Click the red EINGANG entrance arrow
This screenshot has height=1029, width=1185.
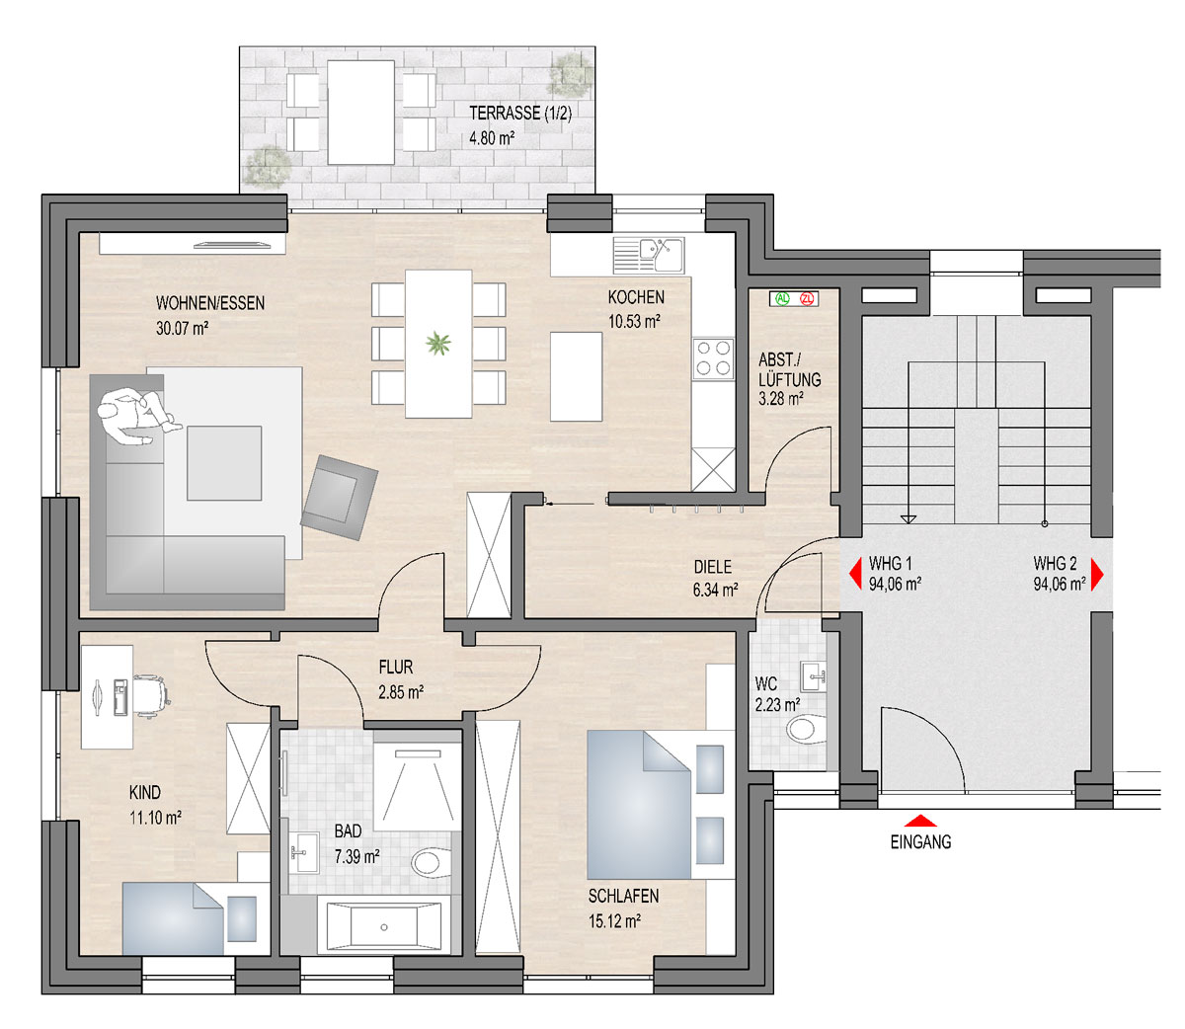pyautogui.click(x=920, y=820)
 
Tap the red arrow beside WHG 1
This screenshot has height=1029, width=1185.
pyautogui.click(x=855, y=574)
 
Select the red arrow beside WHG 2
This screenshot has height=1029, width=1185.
pyautogui.click(x=1097, y=574)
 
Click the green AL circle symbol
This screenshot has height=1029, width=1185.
pyautogui.click(x=782, y=299)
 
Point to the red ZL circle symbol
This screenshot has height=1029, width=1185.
pyautogui.click(x=807, y=299)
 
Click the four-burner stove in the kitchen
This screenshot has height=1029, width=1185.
pyautogui.click(x=713, y=358)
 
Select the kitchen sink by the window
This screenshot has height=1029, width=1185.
pyautogui.click(x=649, y=255)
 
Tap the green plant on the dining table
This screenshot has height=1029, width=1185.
pyautogui.click(x=438, y=344)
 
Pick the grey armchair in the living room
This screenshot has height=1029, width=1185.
pyautogui.click(x=340, y=498)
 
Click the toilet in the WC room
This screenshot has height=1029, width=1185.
pyautogui.click(x=805, y=729)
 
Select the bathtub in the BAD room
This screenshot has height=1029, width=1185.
pyautogui.click(x=383, y=927)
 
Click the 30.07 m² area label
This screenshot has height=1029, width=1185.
pyautogui.click(x=182, y=328)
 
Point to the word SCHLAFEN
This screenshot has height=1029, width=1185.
pyautogui.click(x=623, y=897)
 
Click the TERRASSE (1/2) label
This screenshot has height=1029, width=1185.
pyautogui.click(x=520, y=113)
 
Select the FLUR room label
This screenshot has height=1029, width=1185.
pyautogui.click(x=396, y=668)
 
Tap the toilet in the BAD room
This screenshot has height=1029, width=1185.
pyautogui.click(x=431, y=862)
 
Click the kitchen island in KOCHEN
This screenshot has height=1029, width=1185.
pyautogui.click(x=576, y=376)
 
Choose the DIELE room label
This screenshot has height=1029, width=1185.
pyautogui.click(x=712, y=567)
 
